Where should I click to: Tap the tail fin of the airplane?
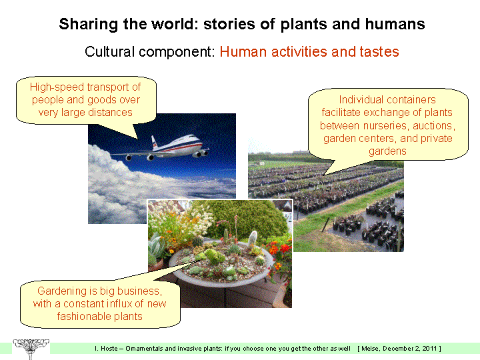point(154,143)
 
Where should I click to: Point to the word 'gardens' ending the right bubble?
point(387,151)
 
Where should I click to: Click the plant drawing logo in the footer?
point(31,349)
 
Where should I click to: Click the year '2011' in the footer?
point(430,349)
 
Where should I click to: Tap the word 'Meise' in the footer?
point(371,349)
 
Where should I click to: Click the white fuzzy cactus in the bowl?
point(253,237)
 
